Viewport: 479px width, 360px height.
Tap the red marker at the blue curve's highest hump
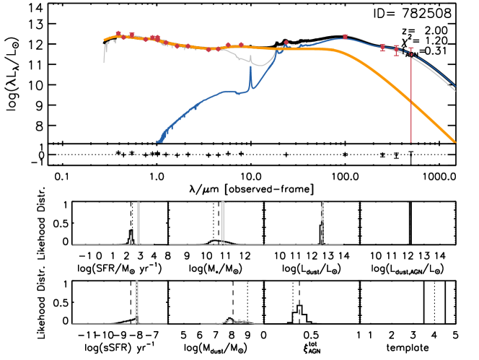coord(345,36)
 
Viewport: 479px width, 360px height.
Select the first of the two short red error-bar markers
coord(382,48)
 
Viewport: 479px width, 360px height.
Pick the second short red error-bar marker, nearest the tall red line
coord(396,51)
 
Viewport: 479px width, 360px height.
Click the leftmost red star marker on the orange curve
coord(118,33)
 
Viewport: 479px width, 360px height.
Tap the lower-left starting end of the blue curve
coord(158,141)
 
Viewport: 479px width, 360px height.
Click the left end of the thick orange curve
coord(105,40)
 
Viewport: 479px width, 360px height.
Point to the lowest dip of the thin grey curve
coord(260,66)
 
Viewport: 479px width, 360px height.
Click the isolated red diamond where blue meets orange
coord(286,43)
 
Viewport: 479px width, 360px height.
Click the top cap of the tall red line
coord(411,48)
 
